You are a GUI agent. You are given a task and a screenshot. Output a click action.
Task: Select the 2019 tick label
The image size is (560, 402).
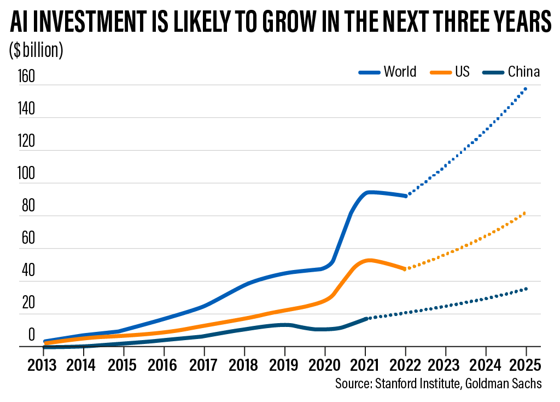tap(284, 364)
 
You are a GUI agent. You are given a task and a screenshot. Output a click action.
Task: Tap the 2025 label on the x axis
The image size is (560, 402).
tap(526, 364)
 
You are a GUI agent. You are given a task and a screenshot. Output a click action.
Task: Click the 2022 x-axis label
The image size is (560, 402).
tap(405, 364)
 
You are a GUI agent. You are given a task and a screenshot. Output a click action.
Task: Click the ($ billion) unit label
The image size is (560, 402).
tap(36, 50)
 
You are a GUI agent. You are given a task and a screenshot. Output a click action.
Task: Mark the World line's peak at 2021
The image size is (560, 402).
tap(371, 192)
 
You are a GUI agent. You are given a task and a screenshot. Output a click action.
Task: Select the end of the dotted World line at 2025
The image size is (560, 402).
tap(526, 88)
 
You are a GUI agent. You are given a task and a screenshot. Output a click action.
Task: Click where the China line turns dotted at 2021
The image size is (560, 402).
tap(366, 318)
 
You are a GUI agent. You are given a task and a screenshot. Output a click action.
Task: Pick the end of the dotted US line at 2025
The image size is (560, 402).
tap(526, 213)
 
